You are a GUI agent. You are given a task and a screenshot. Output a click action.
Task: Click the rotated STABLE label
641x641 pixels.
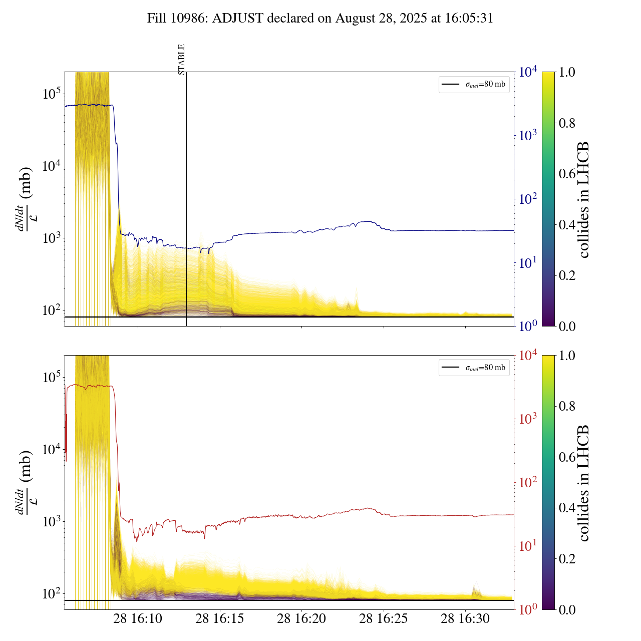(x=182, y=59)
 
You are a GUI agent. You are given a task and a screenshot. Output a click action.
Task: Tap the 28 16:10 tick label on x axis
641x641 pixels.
(x=138, y=618)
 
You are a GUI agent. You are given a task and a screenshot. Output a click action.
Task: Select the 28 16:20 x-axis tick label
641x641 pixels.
(x=301, y=618)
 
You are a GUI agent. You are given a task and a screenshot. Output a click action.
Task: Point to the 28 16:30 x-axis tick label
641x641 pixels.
(x=465, y=618)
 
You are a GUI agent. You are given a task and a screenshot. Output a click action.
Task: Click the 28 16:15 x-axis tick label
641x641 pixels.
(x=220, y=618)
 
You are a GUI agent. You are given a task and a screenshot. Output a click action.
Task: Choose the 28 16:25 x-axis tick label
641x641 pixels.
(x=384, y=618)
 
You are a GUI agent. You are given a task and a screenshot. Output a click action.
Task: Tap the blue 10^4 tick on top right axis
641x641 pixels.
(x=528, y=72)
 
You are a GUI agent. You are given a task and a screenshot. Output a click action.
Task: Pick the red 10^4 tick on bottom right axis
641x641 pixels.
(x=528, y=356)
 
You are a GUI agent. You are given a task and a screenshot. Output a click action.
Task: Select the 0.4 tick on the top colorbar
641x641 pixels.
(x=567, y=224)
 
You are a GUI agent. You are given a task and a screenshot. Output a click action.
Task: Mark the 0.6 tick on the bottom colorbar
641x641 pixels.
(x=567, y=457)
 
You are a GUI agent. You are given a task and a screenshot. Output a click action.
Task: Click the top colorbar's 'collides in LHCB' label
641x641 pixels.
(x=584, y=199)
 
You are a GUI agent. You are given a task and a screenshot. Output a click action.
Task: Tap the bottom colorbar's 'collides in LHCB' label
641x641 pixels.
(x=584, y=483)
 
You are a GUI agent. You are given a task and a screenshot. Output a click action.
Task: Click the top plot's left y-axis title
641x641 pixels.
(x=25, y=199)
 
